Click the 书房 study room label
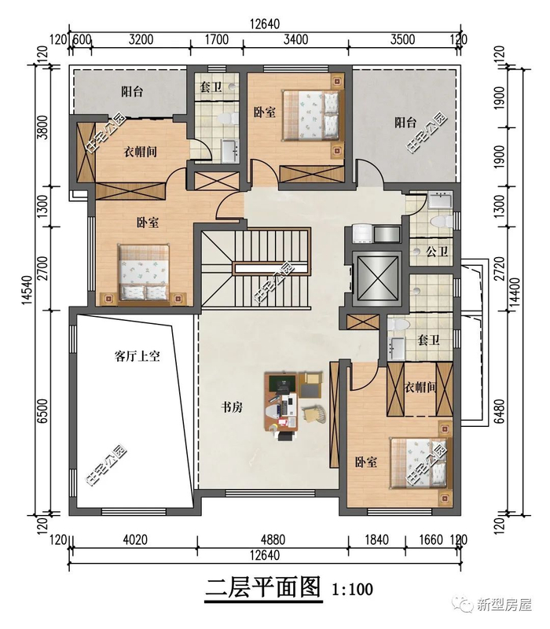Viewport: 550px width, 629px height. [x=232, y=407]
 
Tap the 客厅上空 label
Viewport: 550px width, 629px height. [x=137, y=356]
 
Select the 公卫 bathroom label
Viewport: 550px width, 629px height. [x=437, y=252]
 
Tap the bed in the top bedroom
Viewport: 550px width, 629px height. [x=313, y=115]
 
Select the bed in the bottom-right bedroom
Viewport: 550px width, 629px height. [x=420, y=463]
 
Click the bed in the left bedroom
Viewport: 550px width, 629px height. [x=145, y=272]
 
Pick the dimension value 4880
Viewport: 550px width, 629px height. [x=273, y=539]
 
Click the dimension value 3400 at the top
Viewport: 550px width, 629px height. [x=296, y=39]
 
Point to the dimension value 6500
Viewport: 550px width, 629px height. [x=42, y=410]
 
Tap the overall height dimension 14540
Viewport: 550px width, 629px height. [x=27, y=289]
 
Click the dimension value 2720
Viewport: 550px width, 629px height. [x=500, y=268]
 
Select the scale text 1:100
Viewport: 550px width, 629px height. [x=352, y=589]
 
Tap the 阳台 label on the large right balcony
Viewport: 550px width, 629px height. [x=405, y=122]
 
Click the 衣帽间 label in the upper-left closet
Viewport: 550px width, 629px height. [x=140, y=152]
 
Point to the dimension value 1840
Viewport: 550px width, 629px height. [x=376, y=539]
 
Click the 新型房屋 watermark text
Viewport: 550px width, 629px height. [x=504, y=604]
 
